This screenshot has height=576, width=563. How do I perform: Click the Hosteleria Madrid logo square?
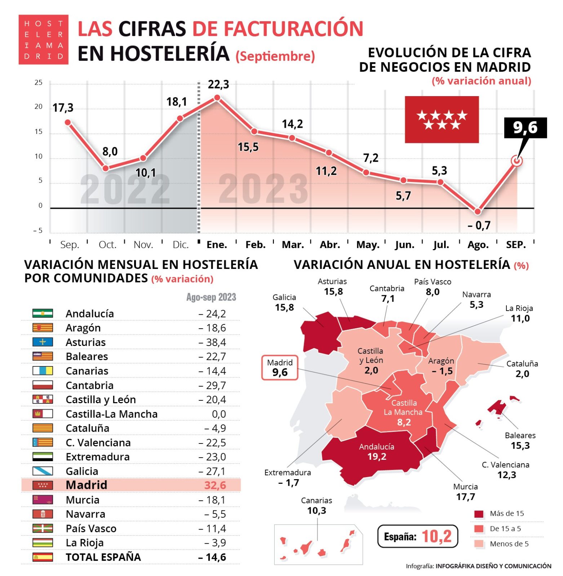coord(43,40)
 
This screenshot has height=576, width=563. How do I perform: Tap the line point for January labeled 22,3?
coord(217,98)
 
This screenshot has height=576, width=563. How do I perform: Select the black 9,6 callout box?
coord(525,128)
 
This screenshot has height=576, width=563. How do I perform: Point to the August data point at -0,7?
coord(478,212)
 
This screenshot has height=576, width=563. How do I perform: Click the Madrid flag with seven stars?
coord(442,120)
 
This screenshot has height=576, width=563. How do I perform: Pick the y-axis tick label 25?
coord(38,83)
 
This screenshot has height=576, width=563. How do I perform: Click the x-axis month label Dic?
coord(181,245)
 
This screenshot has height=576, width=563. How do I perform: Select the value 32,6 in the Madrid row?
coord(215,485)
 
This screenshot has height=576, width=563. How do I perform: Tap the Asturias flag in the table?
coord(43,342)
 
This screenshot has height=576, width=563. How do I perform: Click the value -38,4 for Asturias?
coord(212,342)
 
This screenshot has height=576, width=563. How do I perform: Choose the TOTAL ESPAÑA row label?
coord(103,557)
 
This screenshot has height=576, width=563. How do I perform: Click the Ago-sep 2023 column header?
coord(211,297)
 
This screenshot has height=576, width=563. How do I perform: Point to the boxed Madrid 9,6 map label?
coord(280,368)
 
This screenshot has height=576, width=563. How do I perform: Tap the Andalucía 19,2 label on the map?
coord(377,452)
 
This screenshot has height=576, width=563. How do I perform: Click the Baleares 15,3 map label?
coord(520,441)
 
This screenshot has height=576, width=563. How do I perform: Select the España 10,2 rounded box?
coord(417,536)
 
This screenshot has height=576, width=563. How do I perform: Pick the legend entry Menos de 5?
coord(501,544)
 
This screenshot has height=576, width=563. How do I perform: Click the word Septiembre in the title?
coord(275,57)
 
